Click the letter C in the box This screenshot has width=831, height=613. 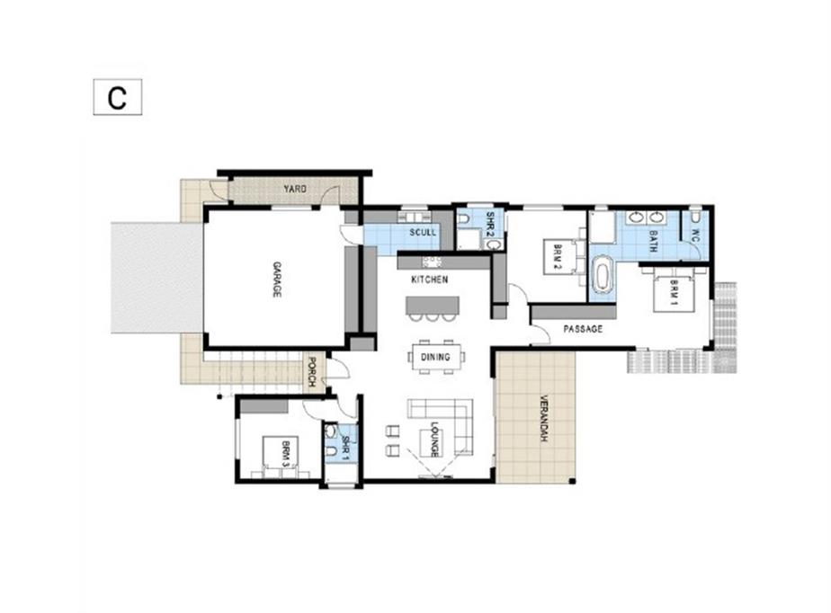point(117,97)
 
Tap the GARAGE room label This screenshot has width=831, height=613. point(277,280)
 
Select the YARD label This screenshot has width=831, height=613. point(295,189)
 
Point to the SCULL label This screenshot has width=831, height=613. point(423,232)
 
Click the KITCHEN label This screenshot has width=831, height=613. point(430,280)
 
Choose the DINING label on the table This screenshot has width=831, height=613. point(435,357)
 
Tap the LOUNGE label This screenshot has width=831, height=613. point(434,440)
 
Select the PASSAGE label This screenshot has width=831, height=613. point(583,328)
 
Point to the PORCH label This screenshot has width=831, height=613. point(312,371)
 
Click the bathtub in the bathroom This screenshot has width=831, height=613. point(602,274)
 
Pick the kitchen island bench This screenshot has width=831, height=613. point(432,306)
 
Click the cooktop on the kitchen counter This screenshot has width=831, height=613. point(432,262)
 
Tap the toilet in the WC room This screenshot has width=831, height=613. point(696,218)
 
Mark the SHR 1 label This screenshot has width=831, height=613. point(346,448)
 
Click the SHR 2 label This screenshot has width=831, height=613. point(491,223)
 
